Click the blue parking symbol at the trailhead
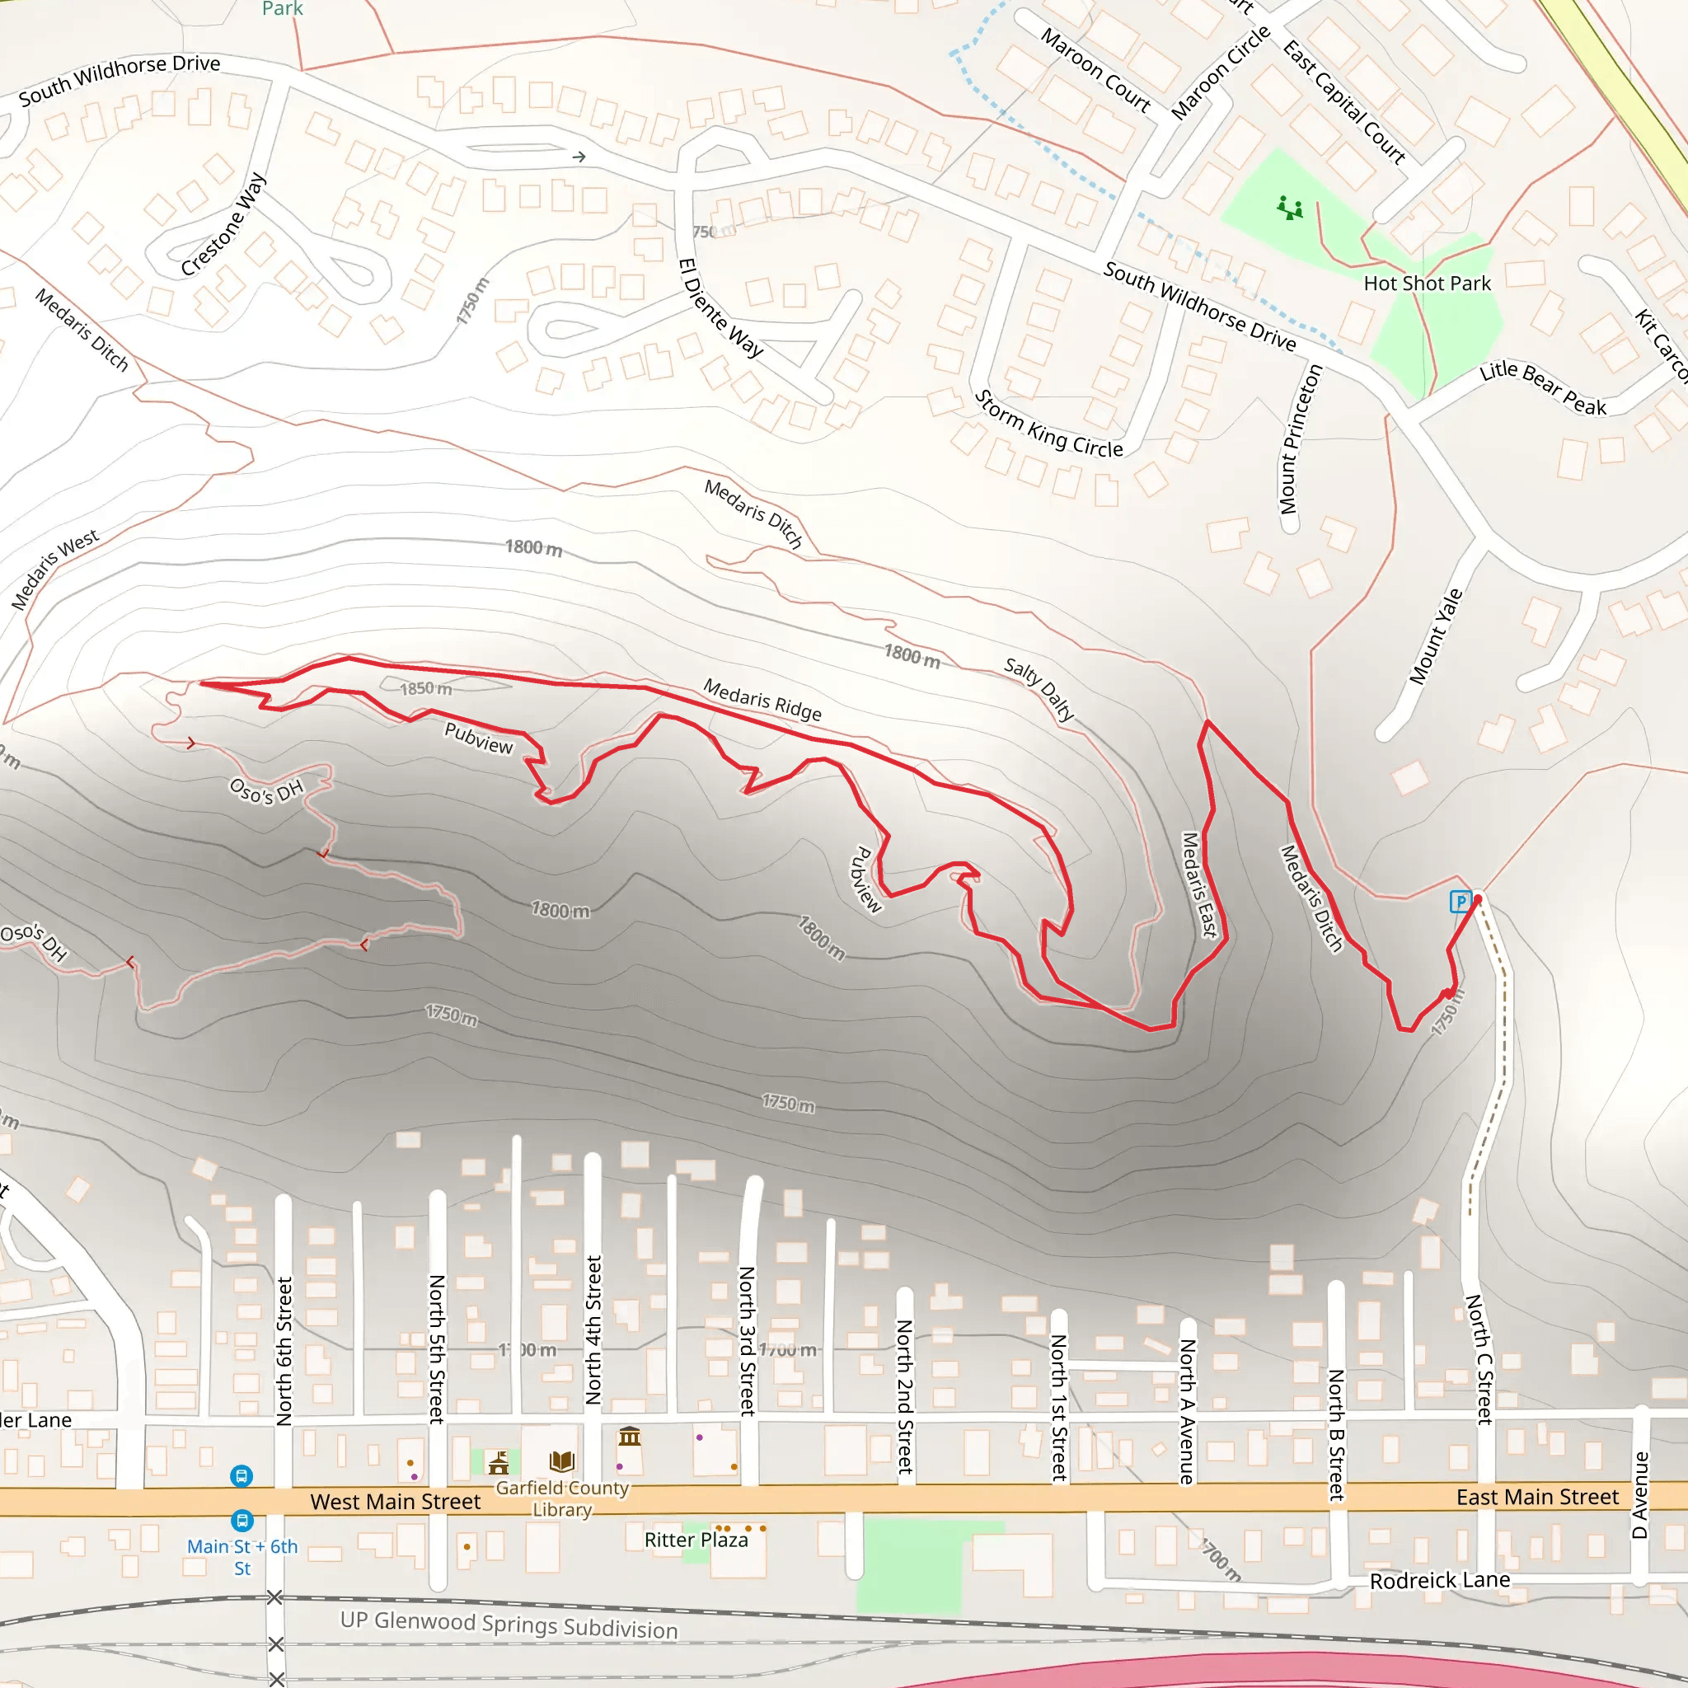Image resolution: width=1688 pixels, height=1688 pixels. click(1460, 901)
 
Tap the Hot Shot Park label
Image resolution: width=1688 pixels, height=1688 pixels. click(1427, 283)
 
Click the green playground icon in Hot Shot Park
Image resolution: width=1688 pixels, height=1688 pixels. click(1290, 208)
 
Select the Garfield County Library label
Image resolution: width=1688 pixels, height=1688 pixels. click(562, 1498)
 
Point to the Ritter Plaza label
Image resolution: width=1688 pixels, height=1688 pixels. click(696, 1540)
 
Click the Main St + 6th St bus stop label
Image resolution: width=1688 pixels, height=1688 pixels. click(242, 1556)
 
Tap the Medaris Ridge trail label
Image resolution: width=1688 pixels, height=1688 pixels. click(762, 700)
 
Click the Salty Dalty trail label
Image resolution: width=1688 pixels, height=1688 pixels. click(1039, 688)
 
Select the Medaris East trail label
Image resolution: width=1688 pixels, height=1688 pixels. click(1198, 884)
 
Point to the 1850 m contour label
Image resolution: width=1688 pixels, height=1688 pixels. click(425, 688)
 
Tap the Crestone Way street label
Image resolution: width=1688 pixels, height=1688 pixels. click(223, 225)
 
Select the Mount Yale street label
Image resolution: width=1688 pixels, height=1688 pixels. click(1435, 636)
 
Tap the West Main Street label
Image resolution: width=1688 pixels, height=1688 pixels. click(395, 1501)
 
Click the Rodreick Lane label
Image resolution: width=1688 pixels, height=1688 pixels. click(1439, 1580)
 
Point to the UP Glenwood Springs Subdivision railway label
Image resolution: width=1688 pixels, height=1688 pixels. click(509, 1625)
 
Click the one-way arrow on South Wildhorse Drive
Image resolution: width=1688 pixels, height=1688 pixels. click(579, 157)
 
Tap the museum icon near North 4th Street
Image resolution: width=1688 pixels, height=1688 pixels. click(629, 1436)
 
